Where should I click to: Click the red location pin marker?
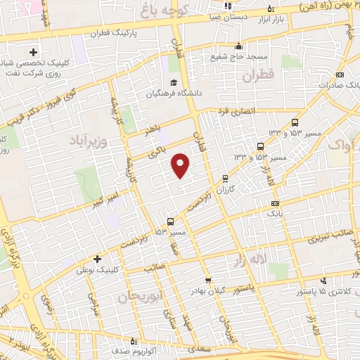pos(181,165)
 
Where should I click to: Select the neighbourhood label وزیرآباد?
pos(90,140)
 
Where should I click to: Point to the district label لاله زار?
pos(250,261)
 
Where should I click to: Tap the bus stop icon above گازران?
pos(224,179)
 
